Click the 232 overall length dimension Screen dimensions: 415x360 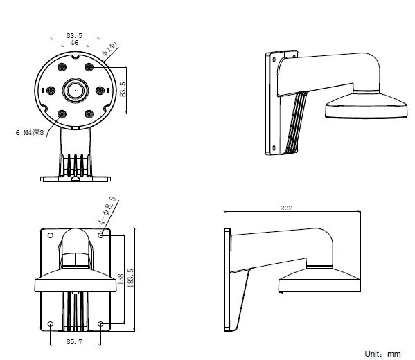[x=286, y=208]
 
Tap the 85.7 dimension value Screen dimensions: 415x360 [x=74, y=342]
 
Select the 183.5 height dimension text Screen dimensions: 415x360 [x=130, y=278]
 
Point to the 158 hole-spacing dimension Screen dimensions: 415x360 [x=120, y=279]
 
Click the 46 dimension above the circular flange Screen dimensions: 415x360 [x=74, y=43]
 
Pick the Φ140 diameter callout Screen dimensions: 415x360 [x=109, y=48]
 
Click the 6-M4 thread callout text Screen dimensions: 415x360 [x=30, y=132]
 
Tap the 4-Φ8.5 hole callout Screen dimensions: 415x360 [x=107, y=210]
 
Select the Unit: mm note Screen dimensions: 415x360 [x=382, y=354]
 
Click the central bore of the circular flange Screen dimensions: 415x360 [x=76, y=91]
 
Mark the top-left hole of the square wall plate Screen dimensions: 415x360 [x=51, y=235]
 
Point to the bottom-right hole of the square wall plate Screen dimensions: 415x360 [x=100, y=324]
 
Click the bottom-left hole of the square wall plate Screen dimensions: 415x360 [x=51, y=324]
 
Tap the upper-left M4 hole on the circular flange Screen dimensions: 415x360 [x=62, y=67]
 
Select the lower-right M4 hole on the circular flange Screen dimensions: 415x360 [x=89, y=114]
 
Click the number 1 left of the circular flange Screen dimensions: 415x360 [x=43, y=91]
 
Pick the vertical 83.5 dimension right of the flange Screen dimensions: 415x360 [x=123, y=89]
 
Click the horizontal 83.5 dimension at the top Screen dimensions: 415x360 [x=74, y=35]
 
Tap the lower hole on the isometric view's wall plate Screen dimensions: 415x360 [x=274, y=148]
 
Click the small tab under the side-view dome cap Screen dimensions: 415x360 [x=281, y=293]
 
